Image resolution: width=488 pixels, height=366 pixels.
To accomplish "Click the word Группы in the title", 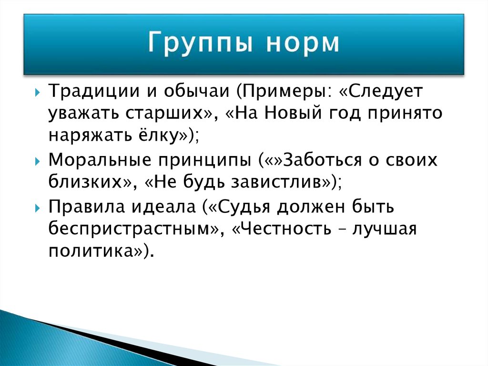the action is (200, 43).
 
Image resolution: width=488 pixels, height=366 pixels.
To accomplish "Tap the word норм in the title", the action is (302, 43).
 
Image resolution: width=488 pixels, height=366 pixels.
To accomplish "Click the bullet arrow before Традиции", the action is (37, 93).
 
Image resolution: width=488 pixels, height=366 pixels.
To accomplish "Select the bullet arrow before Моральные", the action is (37, 161).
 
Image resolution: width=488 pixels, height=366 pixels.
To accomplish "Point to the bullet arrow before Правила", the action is (37, 208).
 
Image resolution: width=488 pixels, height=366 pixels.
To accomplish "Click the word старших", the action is (164, 114).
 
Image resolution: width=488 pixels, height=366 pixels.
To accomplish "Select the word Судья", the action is (244, 207).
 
